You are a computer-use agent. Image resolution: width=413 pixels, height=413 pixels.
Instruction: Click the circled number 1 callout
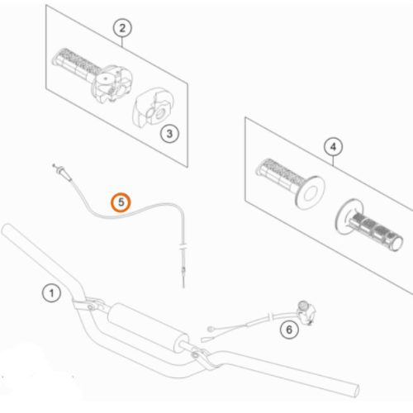(x=51, y=293)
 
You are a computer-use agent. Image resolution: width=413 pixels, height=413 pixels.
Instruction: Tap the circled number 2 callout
(x=122, y=28)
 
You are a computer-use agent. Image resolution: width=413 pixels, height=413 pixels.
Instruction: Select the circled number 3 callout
(x=169, y=134)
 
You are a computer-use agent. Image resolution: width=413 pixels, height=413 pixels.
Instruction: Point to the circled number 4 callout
(x=333, y=147)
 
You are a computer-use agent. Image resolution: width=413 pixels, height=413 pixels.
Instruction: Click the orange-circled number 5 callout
(x=121, y=202)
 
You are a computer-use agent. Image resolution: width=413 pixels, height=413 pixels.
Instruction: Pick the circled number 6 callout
(x=289, y=330)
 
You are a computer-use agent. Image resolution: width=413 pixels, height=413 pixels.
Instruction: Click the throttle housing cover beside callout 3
(x=153, y=108)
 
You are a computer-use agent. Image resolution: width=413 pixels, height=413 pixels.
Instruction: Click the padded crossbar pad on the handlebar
(x=147, y=327)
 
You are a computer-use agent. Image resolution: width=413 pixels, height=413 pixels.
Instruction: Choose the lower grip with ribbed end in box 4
(x=369, y=225)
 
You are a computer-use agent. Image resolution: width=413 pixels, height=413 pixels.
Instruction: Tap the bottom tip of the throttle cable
(x=183, y=287)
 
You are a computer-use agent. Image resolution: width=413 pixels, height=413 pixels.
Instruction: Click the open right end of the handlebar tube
(x=355, y=391)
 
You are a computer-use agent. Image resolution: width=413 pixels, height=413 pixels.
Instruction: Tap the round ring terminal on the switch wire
(x=211, y=329)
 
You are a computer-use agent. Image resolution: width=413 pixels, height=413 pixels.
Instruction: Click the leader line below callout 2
(x=122, y=42)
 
